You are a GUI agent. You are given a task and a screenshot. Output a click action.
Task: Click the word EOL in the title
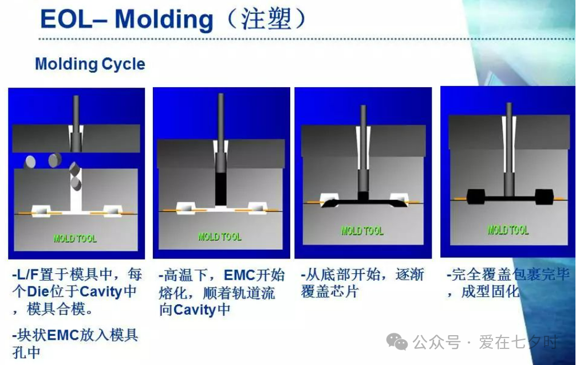click(x=66, y=19)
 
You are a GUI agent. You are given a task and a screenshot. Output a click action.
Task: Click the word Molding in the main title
click(x=164, y=20)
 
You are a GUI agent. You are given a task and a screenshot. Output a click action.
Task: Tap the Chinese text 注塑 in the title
click(x=266, y=19)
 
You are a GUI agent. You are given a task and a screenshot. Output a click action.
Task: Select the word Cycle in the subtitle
click(x=123, y=64)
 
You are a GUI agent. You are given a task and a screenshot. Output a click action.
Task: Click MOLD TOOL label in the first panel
click(x=75, y=238)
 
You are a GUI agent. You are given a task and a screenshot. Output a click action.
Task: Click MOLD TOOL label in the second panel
click(x=220, y=237)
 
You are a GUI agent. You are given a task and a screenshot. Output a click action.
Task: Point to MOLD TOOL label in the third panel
click(x=362, y=231)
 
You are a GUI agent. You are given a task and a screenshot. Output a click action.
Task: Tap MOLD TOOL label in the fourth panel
click(x=508, y=230)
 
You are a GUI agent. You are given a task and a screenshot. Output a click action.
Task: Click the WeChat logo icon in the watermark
click(x=397, y=342)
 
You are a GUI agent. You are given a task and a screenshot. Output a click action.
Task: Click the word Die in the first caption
click(x=38, y=292)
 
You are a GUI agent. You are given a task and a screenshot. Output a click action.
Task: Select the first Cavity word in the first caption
click(x=101, y=292)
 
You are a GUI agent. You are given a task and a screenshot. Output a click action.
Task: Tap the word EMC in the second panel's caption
click(x=239, y=275)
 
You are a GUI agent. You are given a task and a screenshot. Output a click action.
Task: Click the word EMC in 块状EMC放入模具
click(x=63, y=335)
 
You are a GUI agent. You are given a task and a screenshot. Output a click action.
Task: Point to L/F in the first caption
click(x=28, y=274)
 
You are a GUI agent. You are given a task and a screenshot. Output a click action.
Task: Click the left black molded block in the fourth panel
click(x=476, y=197)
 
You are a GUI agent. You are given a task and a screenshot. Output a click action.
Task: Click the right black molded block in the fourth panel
click(x=544, y=197)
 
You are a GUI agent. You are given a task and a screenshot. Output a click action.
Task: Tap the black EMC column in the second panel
click(x=221, y=189)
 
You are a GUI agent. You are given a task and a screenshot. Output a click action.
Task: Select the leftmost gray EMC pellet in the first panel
click(x=30, y=162)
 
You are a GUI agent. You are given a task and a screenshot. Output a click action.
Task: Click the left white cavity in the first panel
click(x=41, y=211)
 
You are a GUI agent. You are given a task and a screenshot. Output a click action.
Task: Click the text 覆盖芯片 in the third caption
click(x=329, y=292)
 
